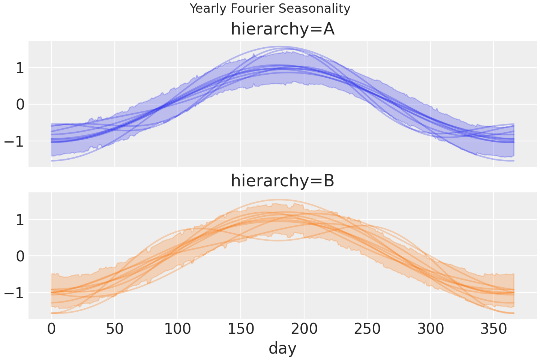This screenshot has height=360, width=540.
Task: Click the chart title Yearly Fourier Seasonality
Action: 270,8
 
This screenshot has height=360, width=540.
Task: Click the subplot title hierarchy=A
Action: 282,29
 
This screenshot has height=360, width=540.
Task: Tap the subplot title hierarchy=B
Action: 282,181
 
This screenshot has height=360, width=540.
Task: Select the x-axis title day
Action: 282,348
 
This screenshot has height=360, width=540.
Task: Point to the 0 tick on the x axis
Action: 51,330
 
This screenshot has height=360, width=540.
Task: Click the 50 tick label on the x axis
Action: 114,330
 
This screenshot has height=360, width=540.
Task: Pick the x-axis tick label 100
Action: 178,330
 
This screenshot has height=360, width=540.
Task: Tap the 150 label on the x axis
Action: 241,330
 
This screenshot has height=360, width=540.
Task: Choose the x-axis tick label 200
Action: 304,330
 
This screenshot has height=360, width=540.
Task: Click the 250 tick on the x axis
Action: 367,330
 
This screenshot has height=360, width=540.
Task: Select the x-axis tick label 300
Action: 430,330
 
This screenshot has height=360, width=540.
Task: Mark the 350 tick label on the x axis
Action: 493,330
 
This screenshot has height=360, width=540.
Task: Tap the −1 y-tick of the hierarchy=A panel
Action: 14,141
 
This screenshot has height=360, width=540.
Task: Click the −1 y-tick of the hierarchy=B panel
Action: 14,292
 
